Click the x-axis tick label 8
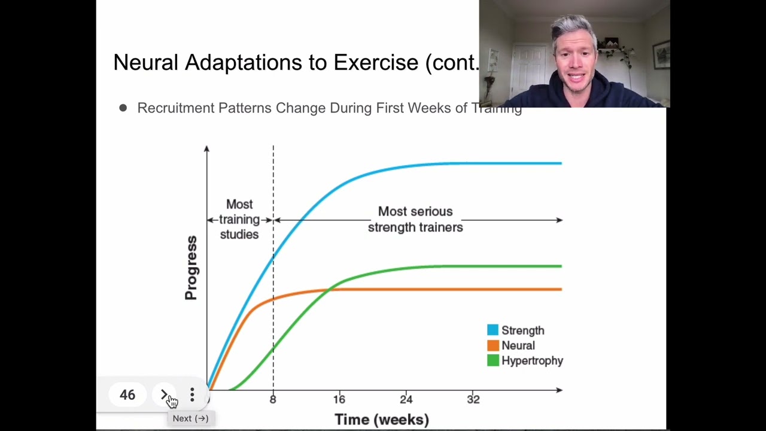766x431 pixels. click(273, 399)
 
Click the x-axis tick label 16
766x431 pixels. click(339, 399)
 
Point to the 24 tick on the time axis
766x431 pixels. click(406, 399)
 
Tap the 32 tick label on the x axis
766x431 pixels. click(473, 399)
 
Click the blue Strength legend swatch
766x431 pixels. click(493, 330)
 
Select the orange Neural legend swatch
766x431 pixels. click(493, 345)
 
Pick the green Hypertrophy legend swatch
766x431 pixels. click(493, 360)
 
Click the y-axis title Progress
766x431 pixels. click(191, 268)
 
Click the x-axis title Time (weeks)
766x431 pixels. click(381, 420)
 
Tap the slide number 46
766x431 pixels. click(127, 395)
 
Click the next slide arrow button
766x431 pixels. click(165, 395)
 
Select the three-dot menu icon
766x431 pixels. click(192, 395)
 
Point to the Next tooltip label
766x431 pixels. click(190, 418)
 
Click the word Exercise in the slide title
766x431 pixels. click(376, 62)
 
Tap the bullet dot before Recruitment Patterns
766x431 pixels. click(123, 108)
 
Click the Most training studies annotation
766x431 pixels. click(239, 220)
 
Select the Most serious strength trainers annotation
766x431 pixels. click(415, 219)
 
